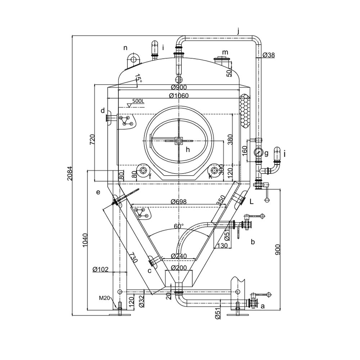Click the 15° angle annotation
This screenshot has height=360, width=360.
click(138, 79)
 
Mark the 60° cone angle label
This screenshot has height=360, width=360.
click(179, 226)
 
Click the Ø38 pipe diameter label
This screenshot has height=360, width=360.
click(269, 55)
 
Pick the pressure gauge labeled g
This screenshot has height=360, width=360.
click(258, 152)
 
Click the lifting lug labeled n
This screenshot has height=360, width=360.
click(133, 59)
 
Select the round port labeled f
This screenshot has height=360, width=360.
click(143, 170)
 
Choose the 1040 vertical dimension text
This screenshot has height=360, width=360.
click(85, 239)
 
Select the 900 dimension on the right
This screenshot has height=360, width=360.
click(278, 248)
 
